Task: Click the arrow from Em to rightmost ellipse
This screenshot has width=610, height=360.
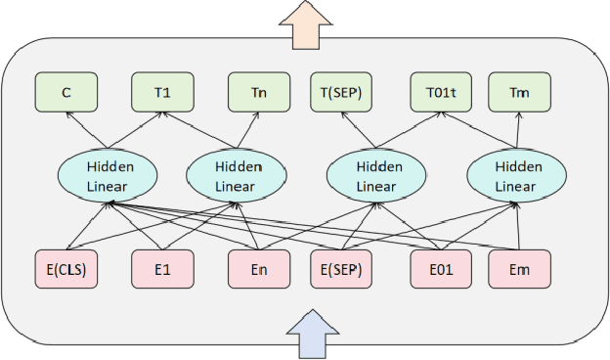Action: (x=517, y=227)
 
